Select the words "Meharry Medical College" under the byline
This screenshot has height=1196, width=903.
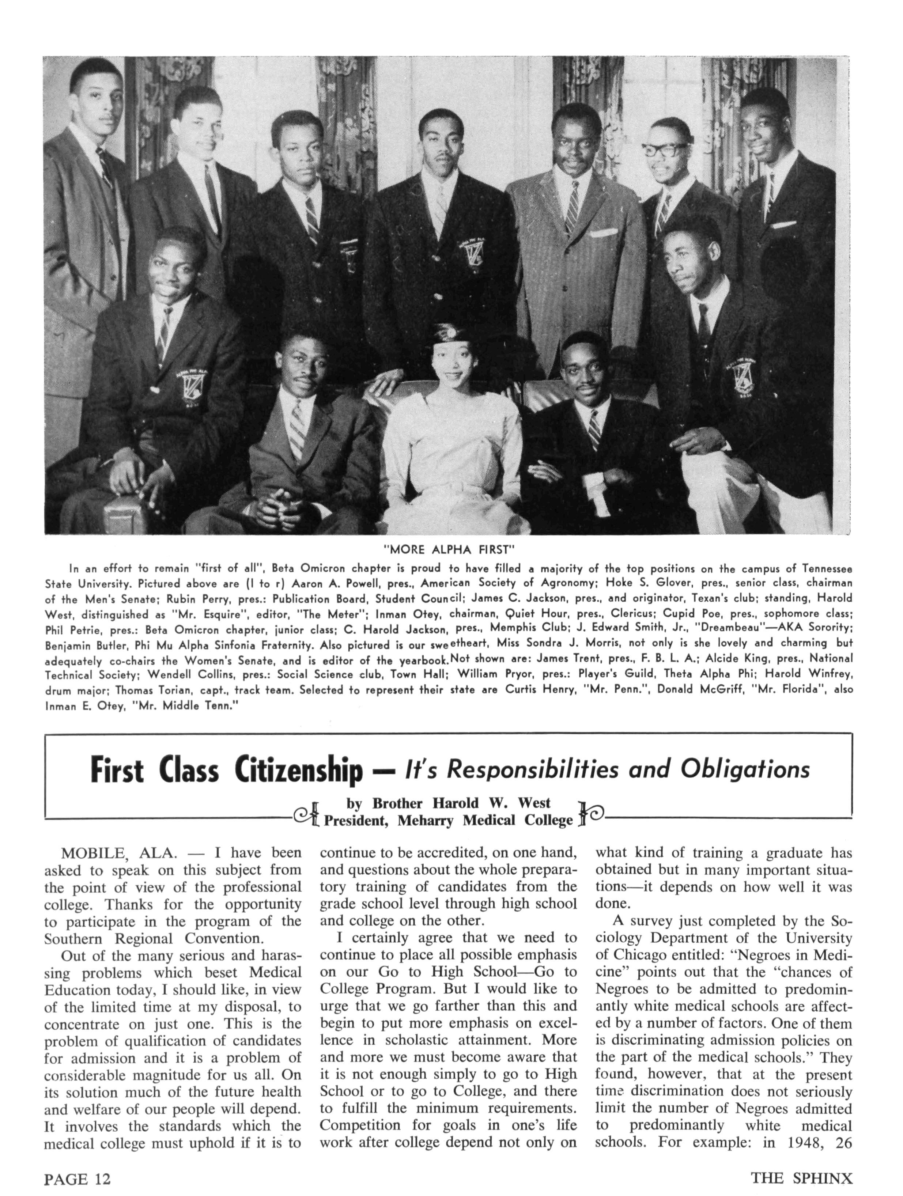pos(485,820)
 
